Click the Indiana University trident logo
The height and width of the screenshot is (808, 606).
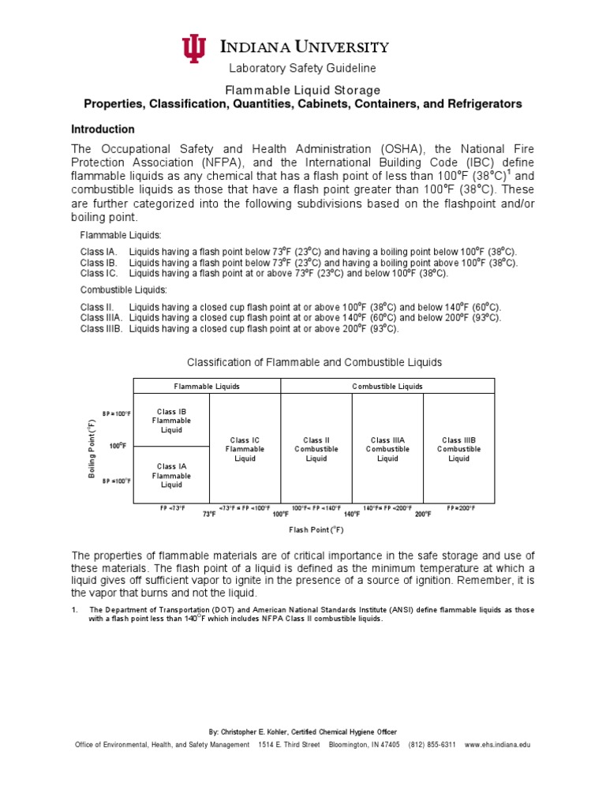(193, 49)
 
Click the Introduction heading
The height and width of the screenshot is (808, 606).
(103, 129)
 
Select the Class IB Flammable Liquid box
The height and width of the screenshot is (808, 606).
(171, 421)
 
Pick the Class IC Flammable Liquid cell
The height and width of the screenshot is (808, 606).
(245, 449)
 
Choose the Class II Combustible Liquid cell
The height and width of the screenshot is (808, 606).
(316, 449)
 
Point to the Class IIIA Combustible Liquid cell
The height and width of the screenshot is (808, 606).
(387, 449)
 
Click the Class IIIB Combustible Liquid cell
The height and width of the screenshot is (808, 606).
(458, 449)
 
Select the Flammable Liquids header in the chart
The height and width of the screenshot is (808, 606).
(207, 386)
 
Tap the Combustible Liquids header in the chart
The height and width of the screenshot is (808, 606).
(387, 386)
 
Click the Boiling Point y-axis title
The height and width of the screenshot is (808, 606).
(91, 447)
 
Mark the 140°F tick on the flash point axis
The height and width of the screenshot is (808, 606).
(352, 514)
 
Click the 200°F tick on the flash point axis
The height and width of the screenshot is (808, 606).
(423, 514)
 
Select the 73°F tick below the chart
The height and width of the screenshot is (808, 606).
(209, 514)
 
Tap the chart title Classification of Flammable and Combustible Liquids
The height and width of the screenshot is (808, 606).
(314, 362)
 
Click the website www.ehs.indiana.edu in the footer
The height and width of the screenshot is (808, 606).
(498, 744)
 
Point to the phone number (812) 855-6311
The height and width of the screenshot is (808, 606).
(432, 744)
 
